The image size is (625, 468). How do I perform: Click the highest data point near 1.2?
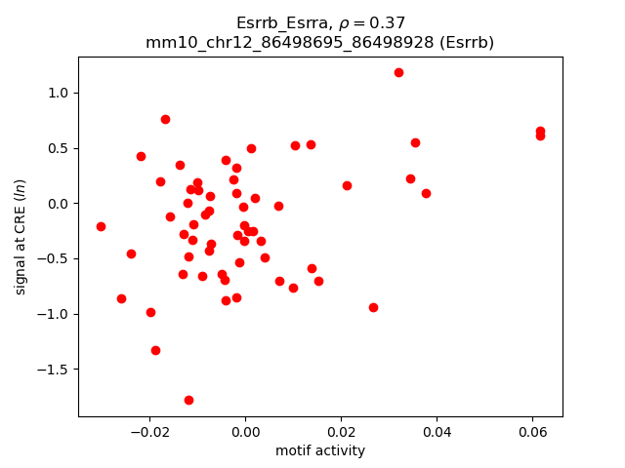(398, 72)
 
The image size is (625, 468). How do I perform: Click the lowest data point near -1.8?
(188, 400)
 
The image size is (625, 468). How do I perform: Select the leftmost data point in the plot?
(101, 226)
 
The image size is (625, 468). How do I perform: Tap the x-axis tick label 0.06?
(532, 432)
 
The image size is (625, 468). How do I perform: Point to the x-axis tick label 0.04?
(437, 432)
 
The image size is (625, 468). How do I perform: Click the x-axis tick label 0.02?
(341, 432)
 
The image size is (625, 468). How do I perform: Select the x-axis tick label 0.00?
(245, 432)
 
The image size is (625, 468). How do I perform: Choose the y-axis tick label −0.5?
(55, 258)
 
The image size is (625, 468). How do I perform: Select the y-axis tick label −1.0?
(55, 314)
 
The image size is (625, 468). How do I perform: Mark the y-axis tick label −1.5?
(55, 370)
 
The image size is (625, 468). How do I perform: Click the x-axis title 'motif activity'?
(320, 450)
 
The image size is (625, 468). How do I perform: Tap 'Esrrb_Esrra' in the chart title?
(277, 23)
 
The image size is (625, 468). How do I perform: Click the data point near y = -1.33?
(155, 350)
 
